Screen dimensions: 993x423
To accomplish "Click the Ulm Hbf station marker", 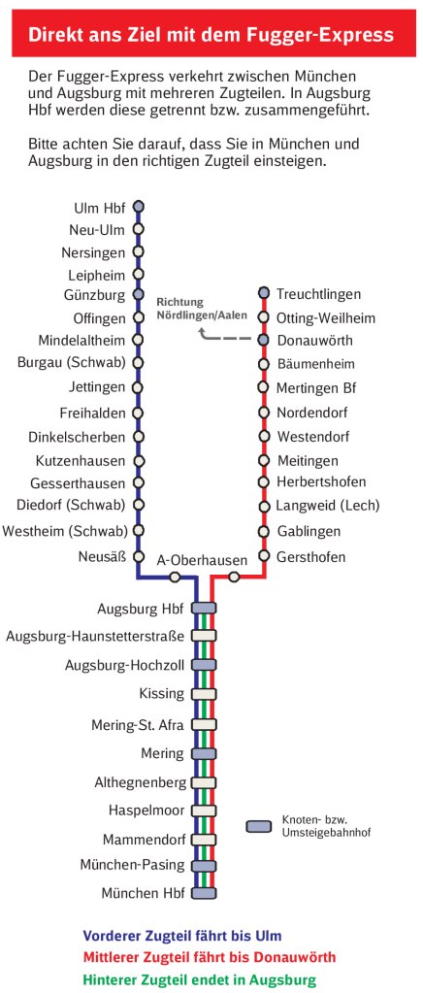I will pyautogui.click(x=138, y=206).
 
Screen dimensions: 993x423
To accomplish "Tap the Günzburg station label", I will pyautogui.click(x=95, y=294).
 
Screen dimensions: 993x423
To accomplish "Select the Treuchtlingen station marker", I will pyautogui.click(x=263, y=293).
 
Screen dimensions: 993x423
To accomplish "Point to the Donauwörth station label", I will pyautogui.click(x=314, y=341).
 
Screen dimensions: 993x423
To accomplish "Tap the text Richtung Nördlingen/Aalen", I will pyautogui.click(x=202, y=309).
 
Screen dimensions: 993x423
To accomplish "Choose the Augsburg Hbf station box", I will pyautogui.click(x=204, y=609).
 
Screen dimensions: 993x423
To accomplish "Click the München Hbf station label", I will pyautogui.click(x=143, y=892).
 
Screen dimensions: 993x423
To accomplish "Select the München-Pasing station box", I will pyautogui.click(x=204, y=866).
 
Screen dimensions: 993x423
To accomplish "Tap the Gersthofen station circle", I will pyautogui.click(x=263, y=556).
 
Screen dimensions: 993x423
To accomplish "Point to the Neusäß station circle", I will pyautogui.click(x=138, y=556).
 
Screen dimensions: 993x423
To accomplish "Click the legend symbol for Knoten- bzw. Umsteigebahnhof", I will pyautogui.click(x=259, y=827).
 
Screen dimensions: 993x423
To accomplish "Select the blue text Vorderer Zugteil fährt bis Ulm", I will pyautogui.click(x=182, y=936).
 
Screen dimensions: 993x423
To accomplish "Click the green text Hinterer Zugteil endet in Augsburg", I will pyautogui.click(x=199, y=979).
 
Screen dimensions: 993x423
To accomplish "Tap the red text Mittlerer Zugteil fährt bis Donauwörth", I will pyautogui.click(x=210, y=957).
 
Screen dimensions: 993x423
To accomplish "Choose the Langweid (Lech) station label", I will pyautogui.click(x=327, y=505).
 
